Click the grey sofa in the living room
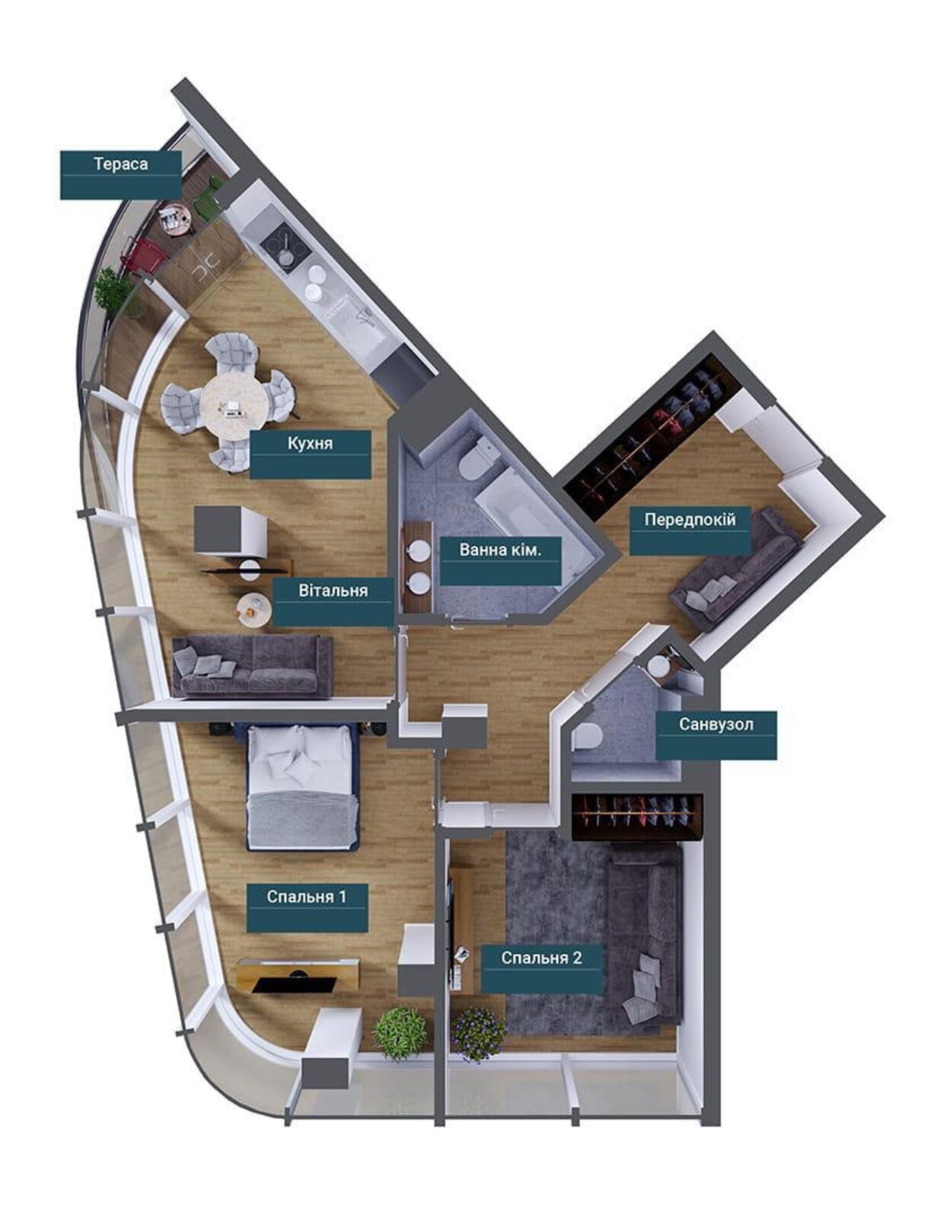click(x=252, y=666)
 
